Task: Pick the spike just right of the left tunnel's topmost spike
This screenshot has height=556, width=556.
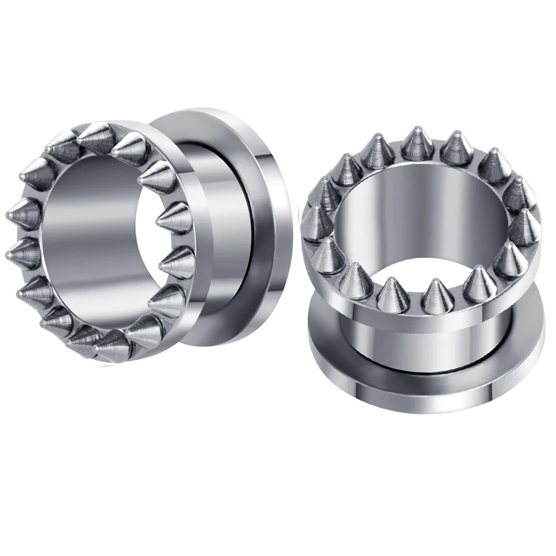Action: pos(129,146)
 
